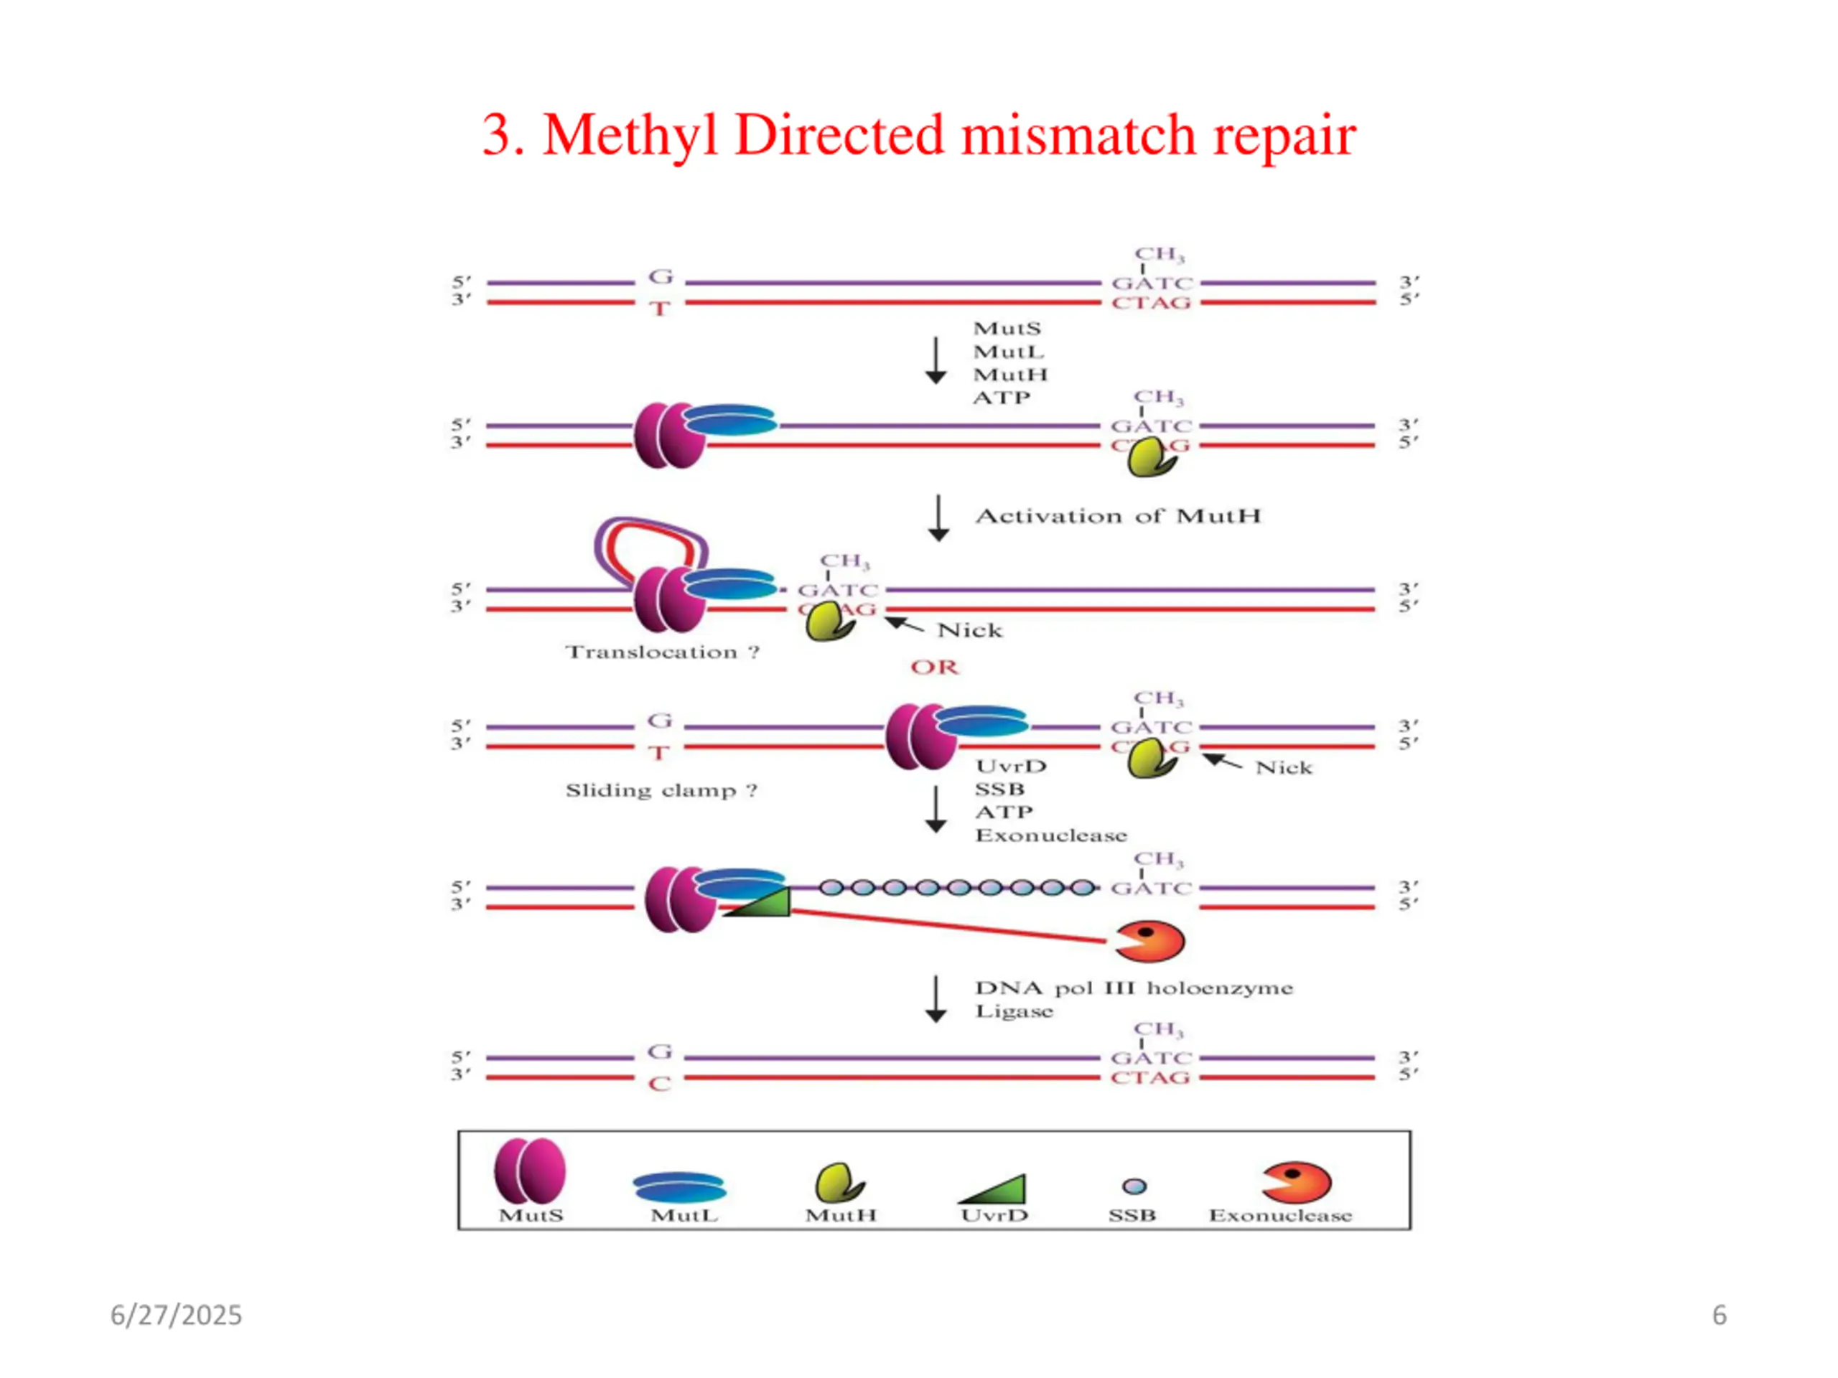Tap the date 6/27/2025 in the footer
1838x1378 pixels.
(x=176, y=1315)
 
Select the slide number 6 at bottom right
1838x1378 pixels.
(x=1720, y=1315)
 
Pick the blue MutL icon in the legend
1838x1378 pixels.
(x=680, y=1187)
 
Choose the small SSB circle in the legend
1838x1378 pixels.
(x=1134, y=1186)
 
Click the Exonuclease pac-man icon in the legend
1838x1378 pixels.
(x=1296, y=1182)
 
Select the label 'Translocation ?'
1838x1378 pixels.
(x=662, y=652)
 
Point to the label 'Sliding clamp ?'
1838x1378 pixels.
(x=661, y=790)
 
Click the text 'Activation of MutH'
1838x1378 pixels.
(x=1118, y=516)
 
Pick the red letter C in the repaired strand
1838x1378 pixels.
(x=660, y=1084)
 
